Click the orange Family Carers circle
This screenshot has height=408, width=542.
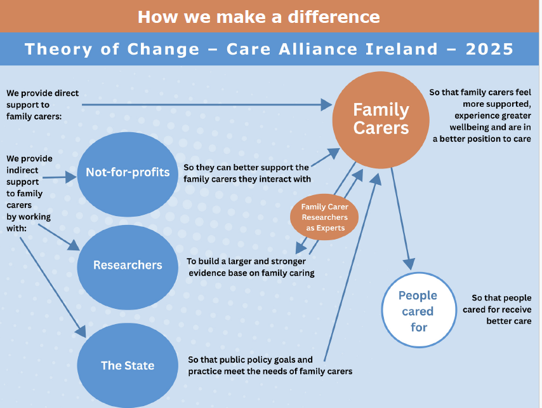coord(381,119)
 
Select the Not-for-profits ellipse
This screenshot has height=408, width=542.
coord(128,174)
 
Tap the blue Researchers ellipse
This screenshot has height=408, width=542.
coord(128,267)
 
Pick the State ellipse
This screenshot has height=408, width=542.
coord(128,365)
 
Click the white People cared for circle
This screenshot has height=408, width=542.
coord(419,310)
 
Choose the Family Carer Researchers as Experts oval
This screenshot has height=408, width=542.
coord(324,217)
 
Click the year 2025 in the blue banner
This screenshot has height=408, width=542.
coord(489,49)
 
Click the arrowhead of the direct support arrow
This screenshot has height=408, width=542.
coord(326,104)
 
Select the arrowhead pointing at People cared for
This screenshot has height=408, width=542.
coord(409,264)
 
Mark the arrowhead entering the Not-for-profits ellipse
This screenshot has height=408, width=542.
coord(71,177)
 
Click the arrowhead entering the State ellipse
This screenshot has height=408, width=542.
coord(81,332)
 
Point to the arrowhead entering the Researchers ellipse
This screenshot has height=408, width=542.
coord(74,245)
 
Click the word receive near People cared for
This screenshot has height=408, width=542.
coord(516,309)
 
